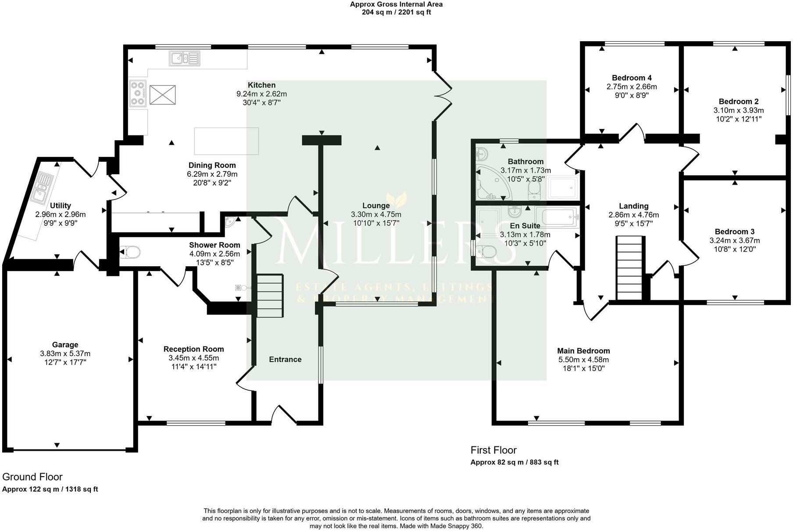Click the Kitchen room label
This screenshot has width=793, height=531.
click(261, 85)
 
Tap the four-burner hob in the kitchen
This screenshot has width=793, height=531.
click(138, 94)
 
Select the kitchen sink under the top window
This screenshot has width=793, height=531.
click(185, 58)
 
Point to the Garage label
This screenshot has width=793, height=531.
click(65, 345)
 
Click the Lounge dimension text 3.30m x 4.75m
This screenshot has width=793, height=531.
click(376, 214)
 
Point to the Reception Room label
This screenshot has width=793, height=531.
click(193, 349)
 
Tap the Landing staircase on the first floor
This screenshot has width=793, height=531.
click(630, 267)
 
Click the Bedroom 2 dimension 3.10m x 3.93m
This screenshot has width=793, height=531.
click(738, 110)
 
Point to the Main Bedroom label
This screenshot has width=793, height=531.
click(583, 351)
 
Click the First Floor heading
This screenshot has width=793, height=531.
click(493, 450)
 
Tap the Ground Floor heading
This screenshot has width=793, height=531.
click(32, 477)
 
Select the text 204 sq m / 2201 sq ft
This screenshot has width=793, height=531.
click(396, 12)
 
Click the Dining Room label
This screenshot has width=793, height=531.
click(212, 165)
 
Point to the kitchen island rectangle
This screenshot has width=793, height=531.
click(226, 141)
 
